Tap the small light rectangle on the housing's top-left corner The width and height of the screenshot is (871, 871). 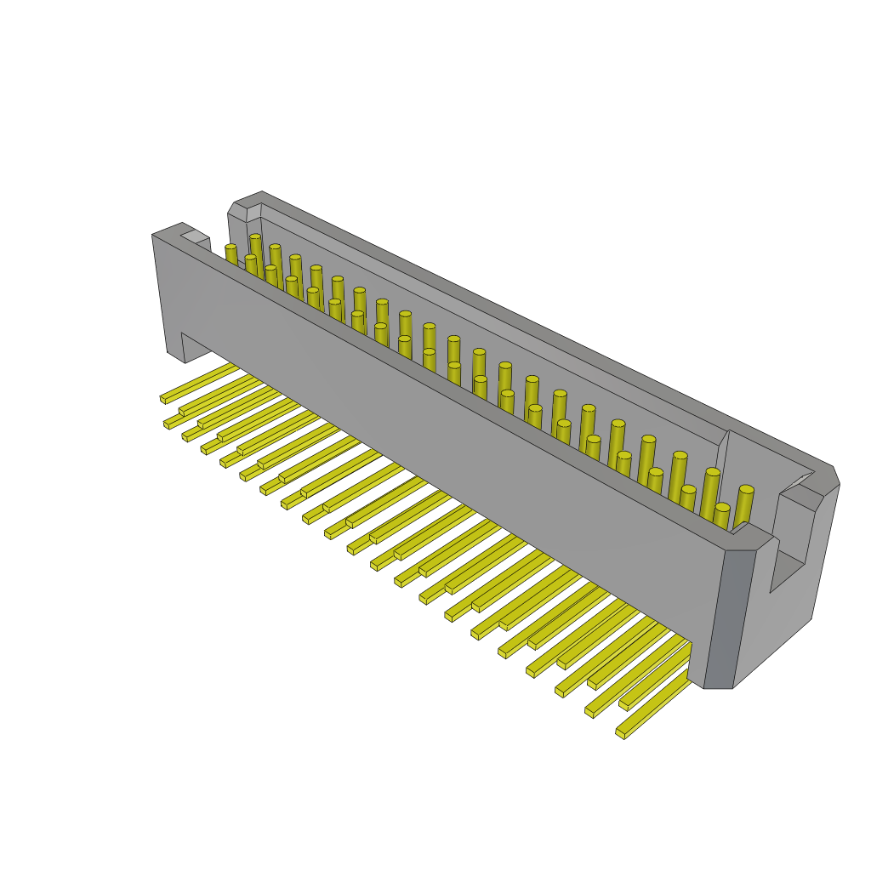tap(194, 236)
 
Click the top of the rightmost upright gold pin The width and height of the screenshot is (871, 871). tap(746, 490)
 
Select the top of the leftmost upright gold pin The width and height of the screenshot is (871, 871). tap(231, 248)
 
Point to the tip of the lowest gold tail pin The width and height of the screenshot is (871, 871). tap(621, 732)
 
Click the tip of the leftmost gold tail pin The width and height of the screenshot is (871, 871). tap(163, 398)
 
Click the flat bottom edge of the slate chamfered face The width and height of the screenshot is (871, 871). tap(718, 687)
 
